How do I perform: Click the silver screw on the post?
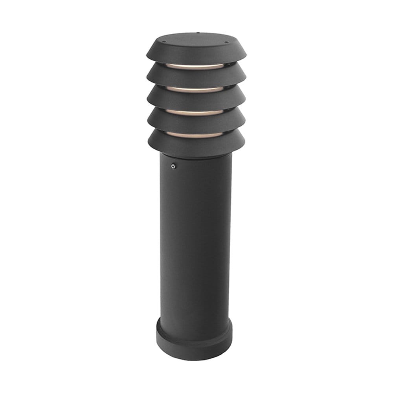pos(173,166)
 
